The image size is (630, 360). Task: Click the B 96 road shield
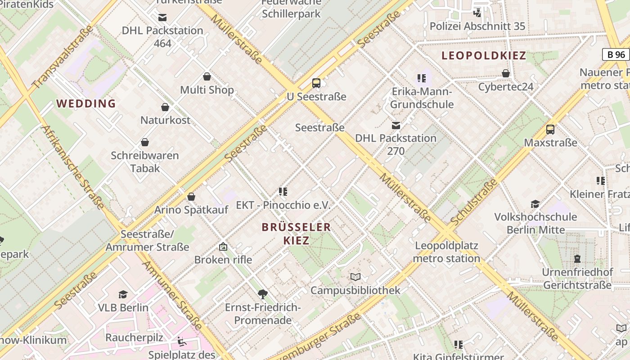[616, 54]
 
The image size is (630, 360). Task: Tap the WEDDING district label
[86, 103]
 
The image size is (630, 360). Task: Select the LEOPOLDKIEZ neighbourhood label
[484, 56]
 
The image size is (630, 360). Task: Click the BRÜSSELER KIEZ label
[296, 234]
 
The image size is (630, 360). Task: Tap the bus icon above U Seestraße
[316, 83]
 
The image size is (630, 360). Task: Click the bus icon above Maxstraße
[550, 130]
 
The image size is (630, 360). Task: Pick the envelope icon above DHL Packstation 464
[162, 18]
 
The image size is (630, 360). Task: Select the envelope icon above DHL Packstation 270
[396, 125]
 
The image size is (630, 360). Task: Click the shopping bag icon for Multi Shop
[207, 76]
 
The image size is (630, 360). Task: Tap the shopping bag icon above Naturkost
[165, 107]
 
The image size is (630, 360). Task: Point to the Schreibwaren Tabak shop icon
[145, 142]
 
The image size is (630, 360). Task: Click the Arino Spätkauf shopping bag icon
[191, 197]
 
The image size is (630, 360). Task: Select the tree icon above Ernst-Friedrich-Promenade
[263, 294]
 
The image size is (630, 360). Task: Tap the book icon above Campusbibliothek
[355, 277]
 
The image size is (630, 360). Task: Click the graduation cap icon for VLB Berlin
[123, 294]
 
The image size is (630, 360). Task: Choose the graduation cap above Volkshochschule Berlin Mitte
[535, 204]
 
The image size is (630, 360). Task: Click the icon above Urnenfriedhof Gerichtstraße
[577, 259]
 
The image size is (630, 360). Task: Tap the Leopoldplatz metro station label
[446, 252]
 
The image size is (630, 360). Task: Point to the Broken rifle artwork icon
[223, 247]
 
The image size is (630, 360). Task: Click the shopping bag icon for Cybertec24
[506, 73]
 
